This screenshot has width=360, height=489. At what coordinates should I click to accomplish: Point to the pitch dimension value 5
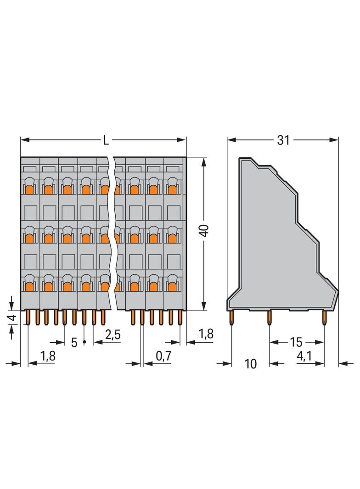point(74,343)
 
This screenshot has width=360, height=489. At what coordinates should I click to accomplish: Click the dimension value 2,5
point(112,335)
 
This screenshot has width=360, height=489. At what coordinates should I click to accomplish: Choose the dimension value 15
point(296,342)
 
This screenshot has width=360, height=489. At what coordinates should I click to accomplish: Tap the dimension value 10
point(250,364)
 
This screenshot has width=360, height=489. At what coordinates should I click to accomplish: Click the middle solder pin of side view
point(270,317)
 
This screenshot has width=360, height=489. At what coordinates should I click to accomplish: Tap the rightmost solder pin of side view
point(325,317)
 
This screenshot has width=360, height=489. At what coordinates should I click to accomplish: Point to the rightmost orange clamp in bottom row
point(173,286)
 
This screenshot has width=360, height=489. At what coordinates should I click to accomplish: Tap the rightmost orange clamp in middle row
point(173,238)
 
